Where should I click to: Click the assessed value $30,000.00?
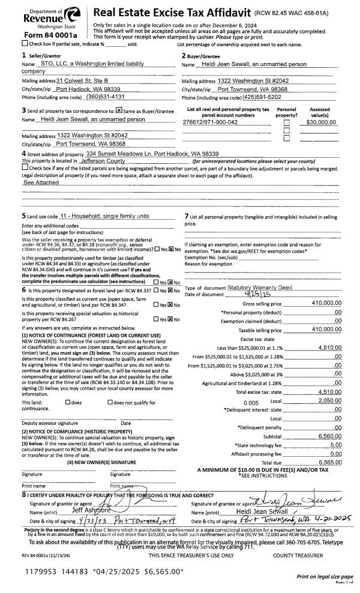coord(318,122)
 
